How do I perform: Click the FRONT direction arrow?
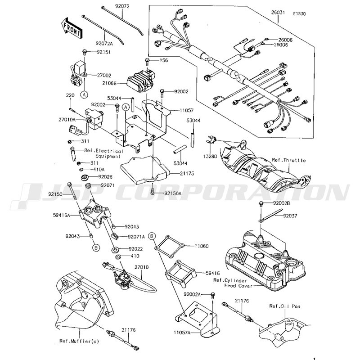[71, 27]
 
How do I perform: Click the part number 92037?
[291, 216]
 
